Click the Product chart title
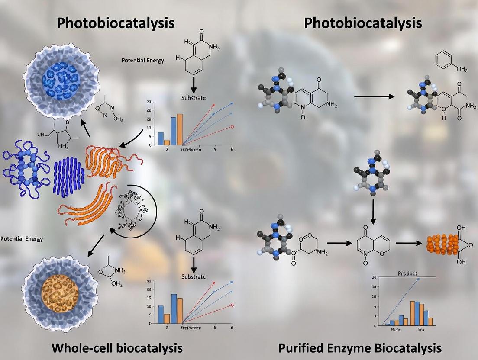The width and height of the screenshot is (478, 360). (407, 273)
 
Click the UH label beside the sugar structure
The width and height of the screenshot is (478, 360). (41, 134)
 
